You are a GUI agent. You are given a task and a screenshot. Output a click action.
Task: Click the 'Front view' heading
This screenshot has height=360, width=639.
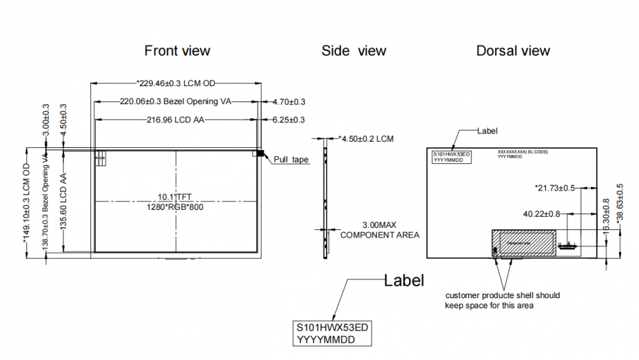(177, 51)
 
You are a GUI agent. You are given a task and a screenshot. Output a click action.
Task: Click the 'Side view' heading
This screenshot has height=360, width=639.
(354, 51)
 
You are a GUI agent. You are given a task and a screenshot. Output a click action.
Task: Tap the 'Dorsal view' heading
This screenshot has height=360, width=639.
(513, 51)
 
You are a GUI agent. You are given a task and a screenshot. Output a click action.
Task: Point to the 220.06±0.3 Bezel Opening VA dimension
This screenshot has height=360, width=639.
(175, 101)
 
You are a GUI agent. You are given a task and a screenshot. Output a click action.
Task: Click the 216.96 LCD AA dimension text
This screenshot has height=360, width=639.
(176, 120)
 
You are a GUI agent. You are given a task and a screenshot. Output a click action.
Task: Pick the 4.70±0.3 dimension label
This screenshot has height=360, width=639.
(289, 101)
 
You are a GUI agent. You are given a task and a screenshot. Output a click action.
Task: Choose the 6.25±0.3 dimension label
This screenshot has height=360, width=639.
(289, 120)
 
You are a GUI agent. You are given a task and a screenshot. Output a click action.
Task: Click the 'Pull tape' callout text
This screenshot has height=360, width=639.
(291, 159)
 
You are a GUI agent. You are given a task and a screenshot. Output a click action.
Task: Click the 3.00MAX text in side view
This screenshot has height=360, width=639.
(379, 225)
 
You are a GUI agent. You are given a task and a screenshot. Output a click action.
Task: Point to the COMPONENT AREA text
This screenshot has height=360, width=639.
(379, 235)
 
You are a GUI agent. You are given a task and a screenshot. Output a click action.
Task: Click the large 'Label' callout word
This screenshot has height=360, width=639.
(404, 280)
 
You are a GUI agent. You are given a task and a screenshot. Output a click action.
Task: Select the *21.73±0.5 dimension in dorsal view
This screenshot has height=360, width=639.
(554, 188)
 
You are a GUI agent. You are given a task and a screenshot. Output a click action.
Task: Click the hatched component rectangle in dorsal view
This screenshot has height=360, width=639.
(524, 243)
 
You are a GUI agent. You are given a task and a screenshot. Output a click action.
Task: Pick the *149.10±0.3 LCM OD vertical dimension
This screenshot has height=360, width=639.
(27, 202)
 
